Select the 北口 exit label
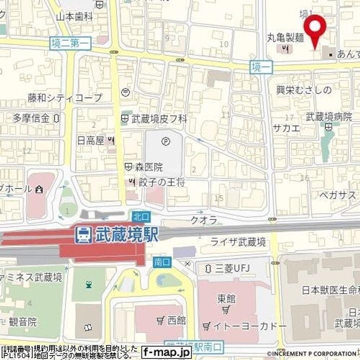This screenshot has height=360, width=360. [139, 216]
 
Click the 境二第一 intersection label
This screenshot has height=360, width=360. [70, 43]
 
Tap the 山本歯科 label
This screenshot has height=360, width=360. [74, 16]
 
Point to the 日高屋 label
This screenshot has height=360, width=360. [90, 140]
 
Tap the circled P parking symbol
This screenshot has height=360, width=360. [165, 142]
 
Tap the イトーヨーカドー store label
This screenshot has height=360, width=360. [244, 326]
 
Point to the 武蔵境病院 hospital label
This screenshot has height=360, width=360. [329, 117]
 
